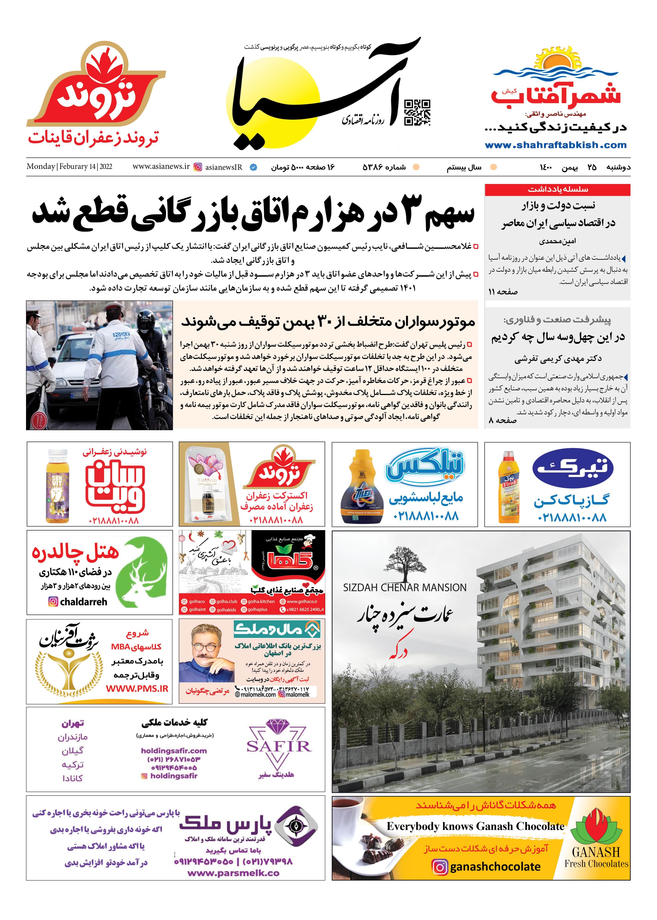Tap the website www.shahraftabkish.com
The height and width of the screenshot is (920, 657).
556,145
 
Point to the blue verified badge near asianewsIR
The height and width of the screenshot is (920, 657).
253,167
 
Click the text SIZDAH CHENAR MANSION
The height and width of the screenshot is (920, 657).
404,588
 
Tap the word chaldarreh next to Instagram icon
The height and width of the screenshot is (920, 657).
84,602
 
